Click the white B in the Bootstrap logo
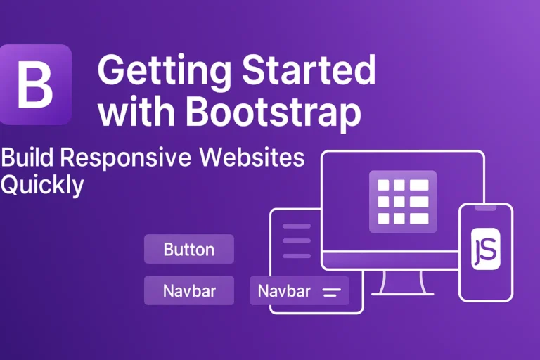[34, 84]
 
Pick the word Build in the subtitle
[26, 157]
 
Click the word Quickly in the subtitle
[42, 185]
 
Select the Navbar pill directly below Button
[188, 290]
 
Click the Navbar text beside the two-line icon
[284, 290]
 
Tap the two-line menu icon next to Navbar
[330, 291]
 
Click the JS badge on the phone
[485, 249]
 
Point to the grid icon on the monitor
[403, 202]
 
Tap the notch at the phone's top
[485, 208]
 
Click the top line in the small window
[296, 226]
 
